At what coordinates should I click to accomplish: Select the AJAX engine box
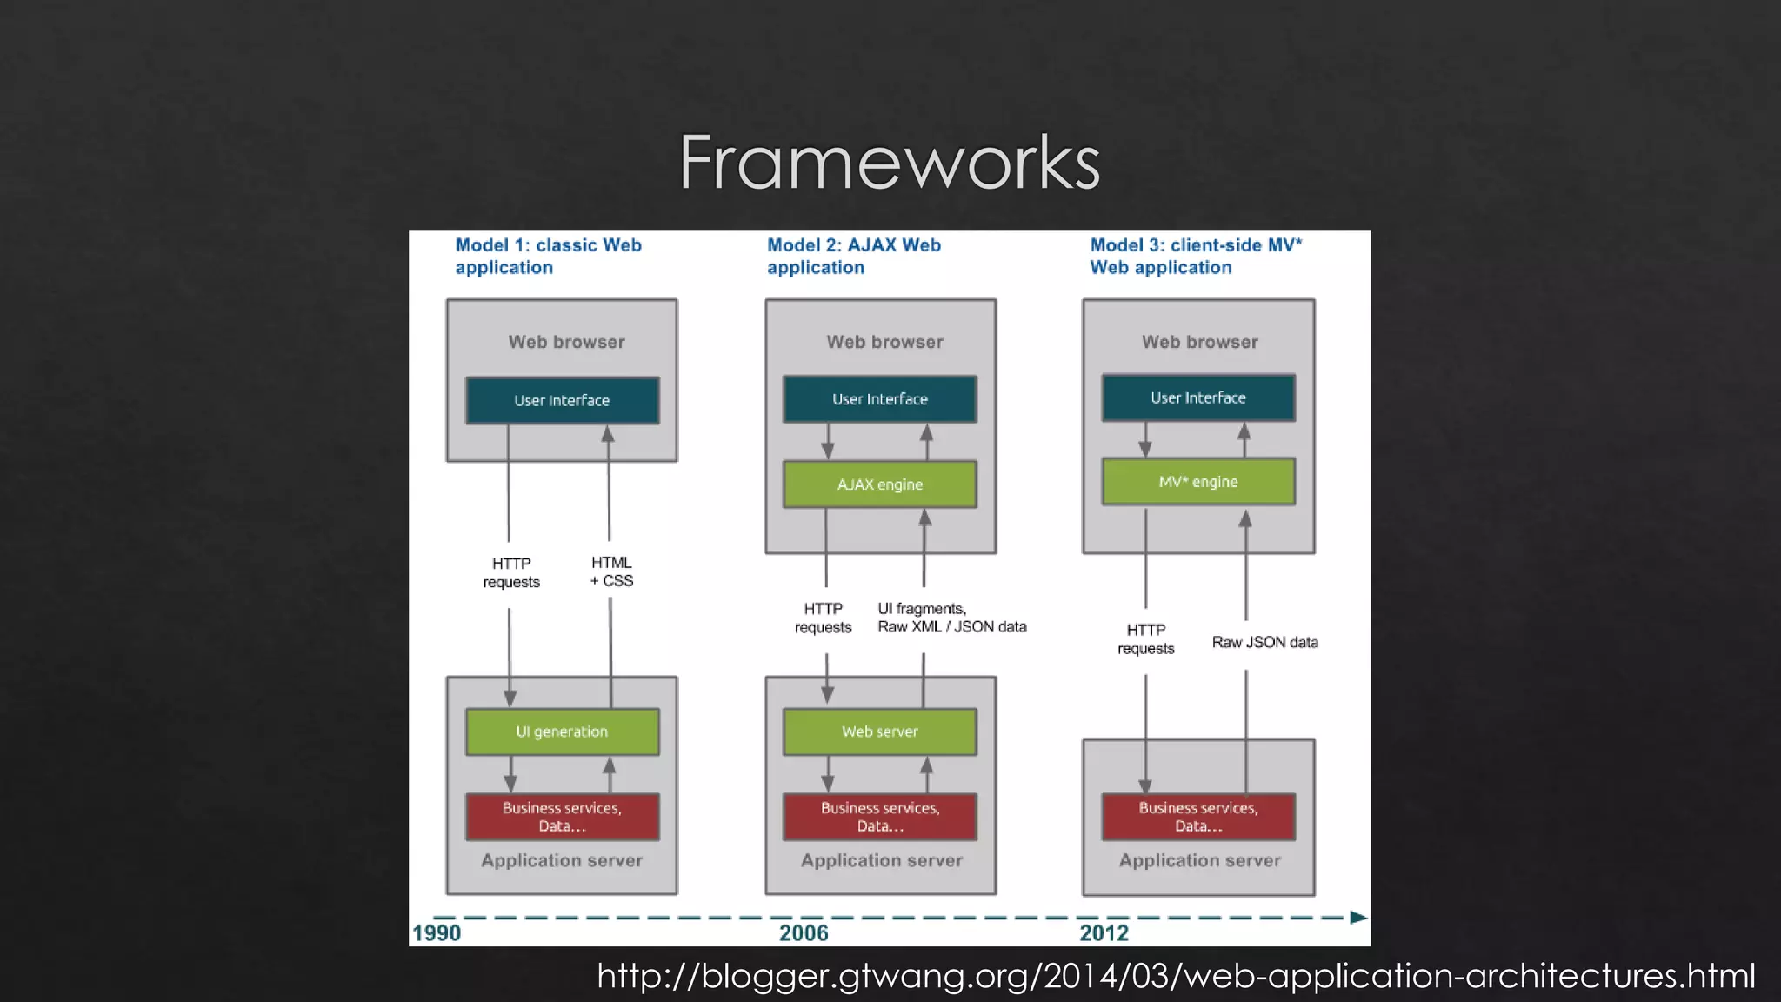(879, 484)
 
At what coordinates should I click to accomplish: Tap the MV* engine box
(1197, 482)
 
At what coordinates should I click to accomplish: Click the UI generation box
(562, 731)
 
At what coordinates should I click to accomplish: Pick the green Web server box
(879, 731)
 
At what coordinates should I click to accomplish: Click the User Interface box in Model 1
(562, 400)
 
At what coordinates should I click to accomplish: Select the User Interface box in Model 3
(1197, 397)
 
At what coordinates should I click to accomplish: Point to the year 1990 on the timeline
(437, 933)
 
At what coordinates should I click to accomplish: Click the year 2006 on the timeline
(804, 933)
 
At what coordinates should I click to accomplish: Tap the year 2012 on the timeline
(1104, 933)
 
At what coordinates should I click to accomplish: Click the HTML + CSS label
(611, 571)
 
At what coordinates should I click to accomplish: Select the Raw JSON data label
(1264, 642)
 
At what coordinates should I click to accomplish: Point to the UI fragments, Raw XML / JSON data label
(951, 618)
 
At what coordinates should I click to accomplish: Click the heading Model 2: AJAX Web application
(853, 256)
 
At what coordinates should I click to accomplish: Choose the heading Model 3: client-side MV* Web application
(1196, 256)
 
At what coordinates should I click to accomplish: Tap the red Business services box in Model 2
(879, 817)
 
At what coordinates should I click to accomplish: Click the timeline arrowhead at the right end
(1358, 917)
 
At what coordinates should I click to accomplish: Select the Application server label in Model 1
(562, 860)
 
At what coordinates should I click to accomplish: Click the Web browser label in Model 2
(884, 342)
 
